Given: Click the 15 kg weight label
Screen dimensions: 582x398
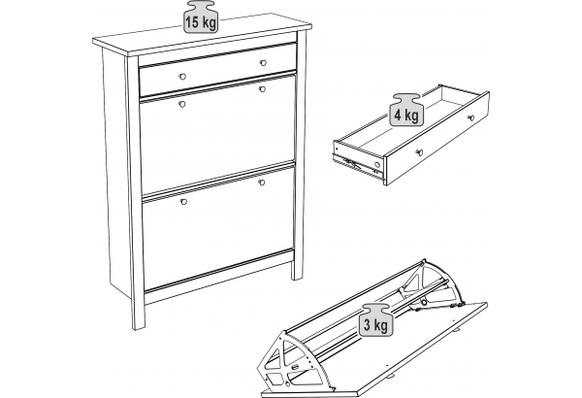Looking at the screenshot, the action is pyautogui.click(x=201, y=17).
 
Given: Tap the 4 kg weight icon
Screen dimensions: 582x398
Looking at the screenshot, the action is pyautogui.click(x=406, y=110).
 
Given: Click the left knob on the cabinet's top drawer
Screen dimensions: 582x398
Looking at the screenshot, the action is pyautogui.click(x=182, y=77).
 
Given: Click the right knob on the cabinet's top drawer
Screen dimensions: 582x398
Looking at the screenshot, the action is pyautogui.click(x=263, y=63).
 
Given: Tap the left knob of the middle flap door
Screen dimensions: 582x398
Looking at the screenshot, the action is pyautogui.click(x=182, y=104).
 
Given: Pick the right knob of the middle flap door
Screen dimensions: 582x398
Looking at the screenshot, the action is pyautogui.click(x=262, y=89).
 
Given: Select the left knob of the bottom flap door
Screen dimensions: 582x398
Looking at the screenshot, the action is pyautogui.click(x=183, y=202).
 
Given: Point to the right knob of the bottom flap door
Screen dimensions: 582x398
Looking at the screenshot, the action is pyautogui.click(x=262, y=182).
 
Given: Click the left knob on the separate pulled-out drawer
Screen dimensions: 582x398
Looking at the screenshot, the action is pyautogui.click(x=419, y=152).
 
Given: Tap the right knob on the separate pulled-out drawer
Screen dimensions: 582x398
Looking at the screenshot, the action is pyautogui.click(x=471, y=118).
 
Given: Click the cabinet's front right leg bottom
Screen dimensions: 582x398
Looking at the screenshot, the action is pyautogui.click(x=298, y=277).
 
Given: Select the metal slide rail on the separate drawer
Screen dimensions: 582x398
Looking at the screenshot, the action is pyautogui.click(x=358, y=164).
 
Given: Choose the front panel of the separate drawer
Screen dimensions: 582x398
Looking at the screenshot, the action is pyautogui.click(x=437, y=138).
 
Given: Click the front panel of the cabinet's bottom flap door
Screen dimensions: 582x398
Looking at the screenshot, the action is pyautogui.click(x=218, y=227).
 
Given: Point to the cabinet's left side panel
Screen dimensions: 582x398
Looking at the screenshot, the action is pyautogui.click(x=117, y=171).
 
